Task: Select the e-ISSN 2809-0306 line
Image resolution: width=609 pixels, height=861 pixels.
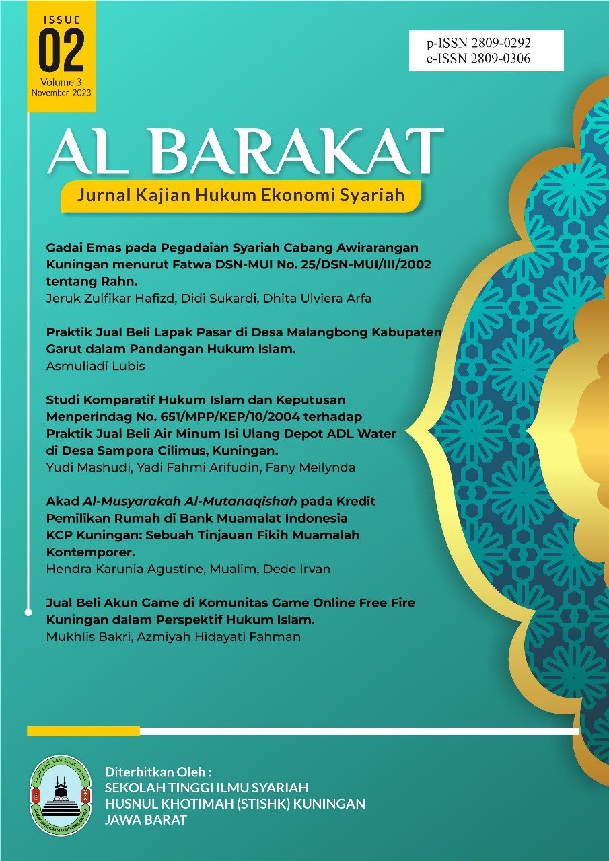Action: point(478,59)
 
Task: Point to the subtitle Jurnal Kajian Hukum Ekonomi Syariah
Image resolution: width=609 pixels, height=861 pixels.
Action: point(241,196)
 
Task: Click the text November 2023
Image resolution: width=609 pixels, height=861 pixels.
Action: point(61,93)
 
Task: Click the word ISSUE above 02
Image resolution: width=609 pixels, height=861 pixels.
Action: point(61,20)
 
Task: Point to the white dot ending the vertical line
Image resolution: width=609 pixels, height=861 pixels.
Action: point(28,612)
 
